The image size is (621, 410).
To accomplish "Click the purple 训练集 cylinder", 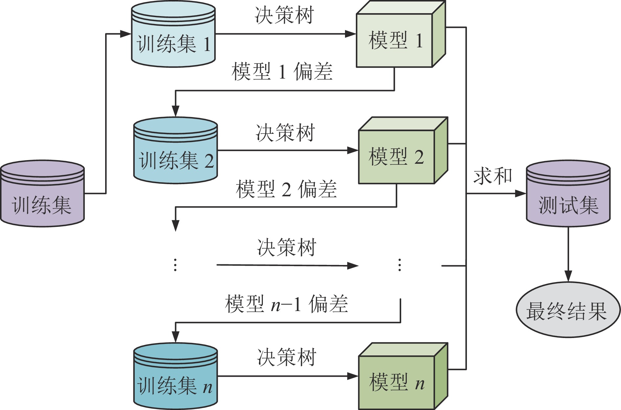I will point(42,194).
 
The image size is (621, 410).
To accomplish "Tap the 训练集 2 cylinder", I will point(175,151).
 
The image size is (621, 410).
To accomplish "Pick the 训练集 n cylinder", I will point(175,376).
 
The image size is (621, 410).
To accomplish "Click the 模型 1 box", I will point(394,40).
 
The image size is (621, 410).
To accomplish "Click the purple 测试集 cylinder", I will point(568,194).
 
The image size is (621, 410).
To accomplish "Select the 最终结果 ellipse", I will point(568,310).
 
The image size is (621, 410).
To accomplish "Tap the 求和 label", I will point(493,176).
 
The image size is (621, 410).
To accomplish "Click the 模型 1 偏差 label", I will point(282,72).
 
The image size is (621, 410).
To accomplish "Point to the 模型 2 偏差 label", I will point(286,189).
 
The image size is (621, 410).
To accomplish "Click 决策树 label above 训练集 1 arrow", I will point(284,15).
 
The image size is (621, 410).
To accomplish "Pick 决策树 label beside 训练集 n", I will point(286,357).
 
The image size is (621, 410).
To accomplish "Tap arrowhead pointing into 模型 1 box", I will point(351,34).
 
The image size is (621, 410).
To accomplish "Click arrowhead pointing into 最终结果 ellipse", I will point(568,276).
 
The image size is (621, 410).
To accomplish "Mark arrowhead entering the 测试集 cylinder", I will point(520,193).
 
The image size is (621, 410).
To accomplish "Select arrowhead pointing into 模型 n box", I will point(353,376).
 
